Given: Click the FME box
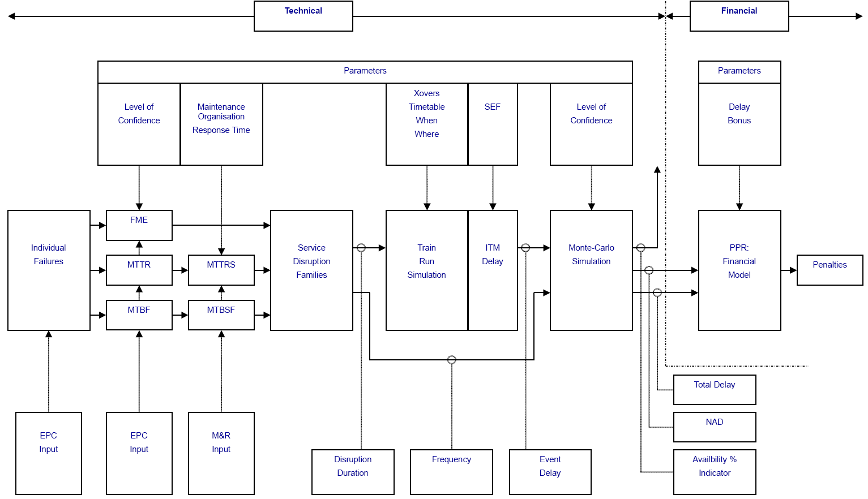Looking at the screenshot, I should pos(139,225).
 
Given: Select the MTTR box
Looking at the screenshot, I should pos(139,270).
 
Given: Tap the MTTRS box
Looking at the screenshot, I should pos(221,270).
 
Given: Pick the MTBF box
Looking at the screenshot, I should pos(139,315).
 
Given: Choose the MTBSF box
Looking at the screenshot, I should pos(221,315).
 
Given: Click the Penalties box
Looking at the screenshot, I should pos(829,270).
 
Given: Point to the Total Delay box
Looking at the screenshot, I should pos(715,389).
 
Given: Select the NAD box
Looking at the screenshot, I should pos(715,427).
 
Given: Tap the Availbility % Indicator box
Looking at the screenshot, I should pos(715,471).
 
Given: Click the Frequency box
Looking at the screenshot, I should pos(451,471).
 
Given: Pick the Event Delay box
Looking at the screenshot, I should pos(550,471).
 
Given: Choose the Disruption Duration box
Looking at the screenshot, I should pos(353,471).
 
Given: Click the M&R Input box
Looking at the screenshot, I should pos(221,453).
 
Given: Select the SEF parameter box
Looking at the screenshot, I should pos(493,124).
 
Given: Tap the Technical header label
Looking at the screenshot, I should pos(303,11).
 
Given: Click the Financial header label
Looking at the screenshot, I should pos(739,11).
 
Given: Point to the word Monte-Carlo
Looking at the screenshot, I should pos(591,248).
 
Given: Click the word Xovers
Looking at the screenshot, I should pos(426,93).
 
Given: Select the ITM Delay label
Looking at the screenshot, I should pos(493,255).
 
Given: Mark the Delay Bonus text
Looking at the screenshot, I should pos(739,114).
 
